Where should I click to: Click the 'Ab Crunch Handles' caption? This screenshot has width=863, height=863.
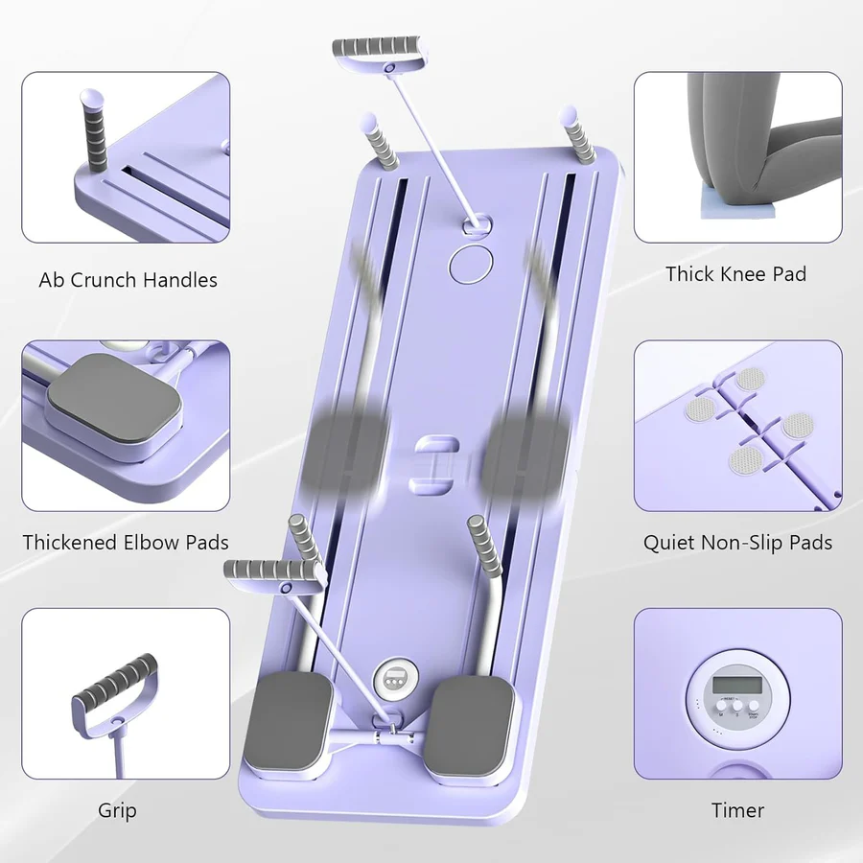click(128, 280)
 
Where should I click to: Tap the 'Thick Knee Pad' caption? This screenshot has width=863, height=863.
click(735, 274)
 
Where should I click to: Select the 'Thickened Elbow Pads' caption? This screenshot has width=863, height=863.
click(126, 542)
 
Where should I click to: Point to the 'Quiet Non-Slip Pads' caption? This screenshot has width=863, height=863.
click(737, 543)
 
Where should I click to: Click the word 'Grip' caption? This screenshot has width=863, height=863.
click(117, 810)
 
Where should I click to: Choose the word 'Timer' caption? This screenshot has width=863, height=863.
click(737, 810)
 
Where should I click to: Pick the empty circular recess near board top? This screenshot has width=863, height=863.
click(470, 262)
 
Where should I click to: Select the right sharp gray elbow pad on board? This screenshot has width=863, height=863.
click(471, 729)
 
